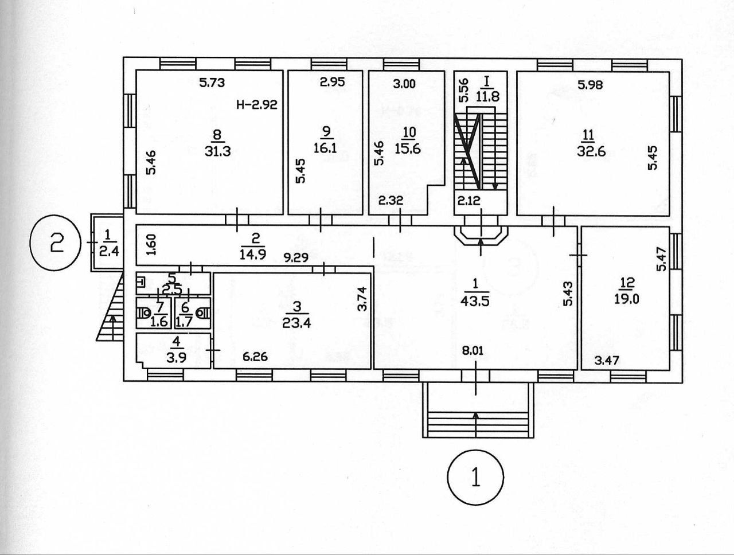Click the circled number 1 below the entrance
coord(475,477)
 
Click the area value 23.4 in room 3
coord(293,322)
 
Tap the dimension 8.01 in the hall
coord(473,351)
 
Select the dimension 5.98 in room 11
coord(590,85)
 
